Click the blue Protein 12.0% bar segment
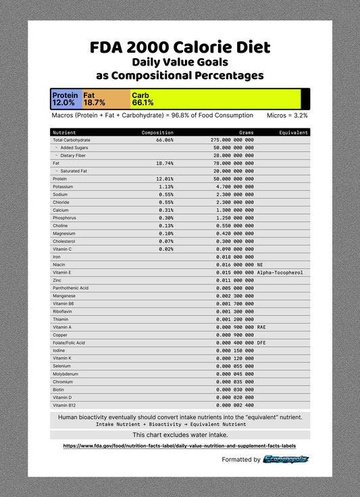[66, 99]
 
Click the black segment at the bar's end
[305, 99]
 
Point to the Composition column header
[157, 133]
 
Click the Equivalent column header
[293, 133]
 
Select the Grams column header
[246, 133]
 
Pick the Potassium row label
[63, 186]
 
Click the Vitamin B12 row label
[66, 405]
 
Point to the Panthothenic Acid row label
[70, 288]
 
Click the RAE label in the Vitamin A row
[262, 327]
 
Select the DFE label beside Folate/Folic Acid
[262, 342]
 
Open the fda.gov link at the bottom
[179, 446]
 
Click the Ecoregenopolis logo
[286, 460]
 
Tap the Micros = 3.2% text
[287, 115]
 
